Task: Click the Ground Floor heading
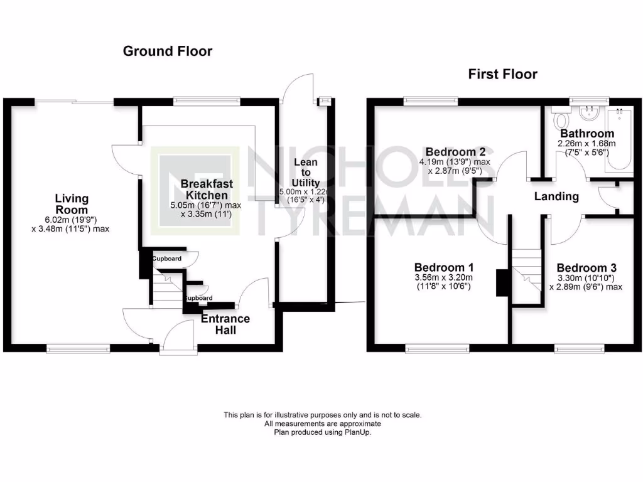[x=167, y=51]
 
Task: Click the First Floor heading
[x=502, y=74]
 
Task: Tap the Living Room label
[x=71, y=204]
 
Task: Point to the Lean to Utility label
[x=306, y=172]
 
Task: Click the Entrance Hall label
[x=225, y=324]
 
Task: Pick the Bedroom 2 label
[x=455, y=152]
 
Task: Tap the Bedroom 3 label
[x=585, y=265]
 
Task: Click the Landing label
[x=556, y=196]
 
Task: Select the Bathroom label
[x=587, y=134]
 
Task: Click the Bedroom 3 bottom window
[x=580, y=346]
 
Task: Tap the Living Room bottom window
[x=78, y=347]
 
